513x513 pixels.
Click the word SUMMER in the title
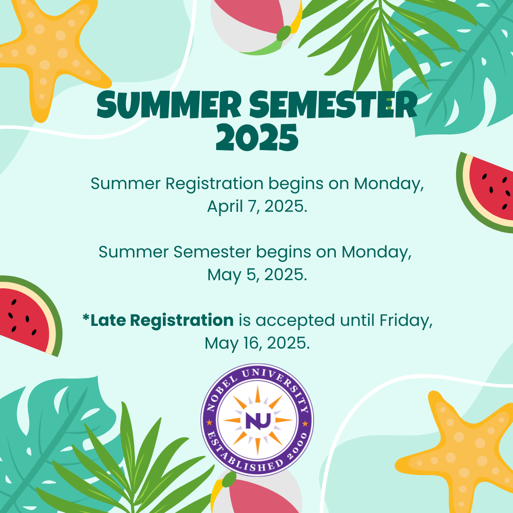[x=169, y=104]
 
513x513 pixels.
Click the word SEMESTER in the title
[x=333, y=104]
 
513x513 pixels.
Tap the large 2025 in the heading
[x=257, y=137]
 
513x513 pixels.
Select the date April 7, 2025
[x=257, y=207]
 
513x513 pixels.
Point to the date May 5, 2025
[x=257, y=275]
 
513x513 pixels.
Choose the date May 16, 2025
[x=257, y=343]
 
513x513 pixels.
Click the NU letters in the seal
[x=258, y=421]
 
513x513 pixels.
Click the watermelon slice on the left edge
[x=29, y=316]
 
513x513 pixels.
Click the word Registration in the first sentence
[x=214, y=184]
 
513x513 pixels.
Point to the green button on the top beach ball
[x=284, y=33]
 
